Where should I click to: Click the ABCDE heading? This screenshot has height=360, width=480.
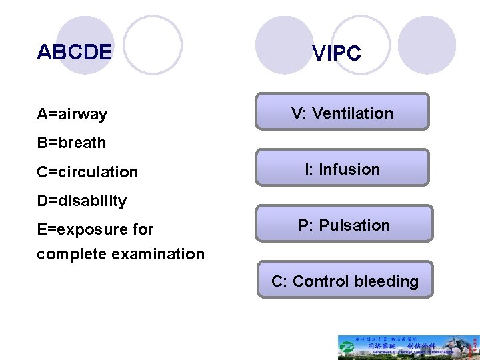[75, 52]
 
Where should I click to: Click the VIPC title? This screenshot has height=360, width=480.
[337, 54]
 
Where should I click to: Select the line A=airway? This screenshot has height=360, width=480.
[72, 114]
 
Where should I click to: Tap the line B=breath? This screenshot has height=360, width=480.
[71, 143]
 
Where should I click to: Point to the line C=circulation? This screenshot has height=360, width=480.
[87, 172]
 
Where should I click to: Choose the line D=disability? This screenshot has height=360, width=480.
[82, 201]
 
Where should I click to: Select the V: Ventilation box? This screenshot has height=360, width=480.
[343, 112]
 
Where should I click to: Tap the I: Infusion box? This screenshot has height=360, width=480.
[343, 168]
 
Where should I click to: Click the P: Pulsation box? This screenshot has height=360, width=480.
[344, 224]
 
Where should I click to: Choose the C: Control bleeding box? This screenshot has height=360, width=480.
[345, 280]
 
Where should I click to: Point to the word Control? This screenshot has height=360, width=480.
[321, 281]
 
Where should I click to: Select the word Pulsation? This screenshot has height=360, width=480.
[355, 225]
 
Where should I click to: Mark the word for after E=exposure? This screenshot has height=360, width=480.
[143, 230]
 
